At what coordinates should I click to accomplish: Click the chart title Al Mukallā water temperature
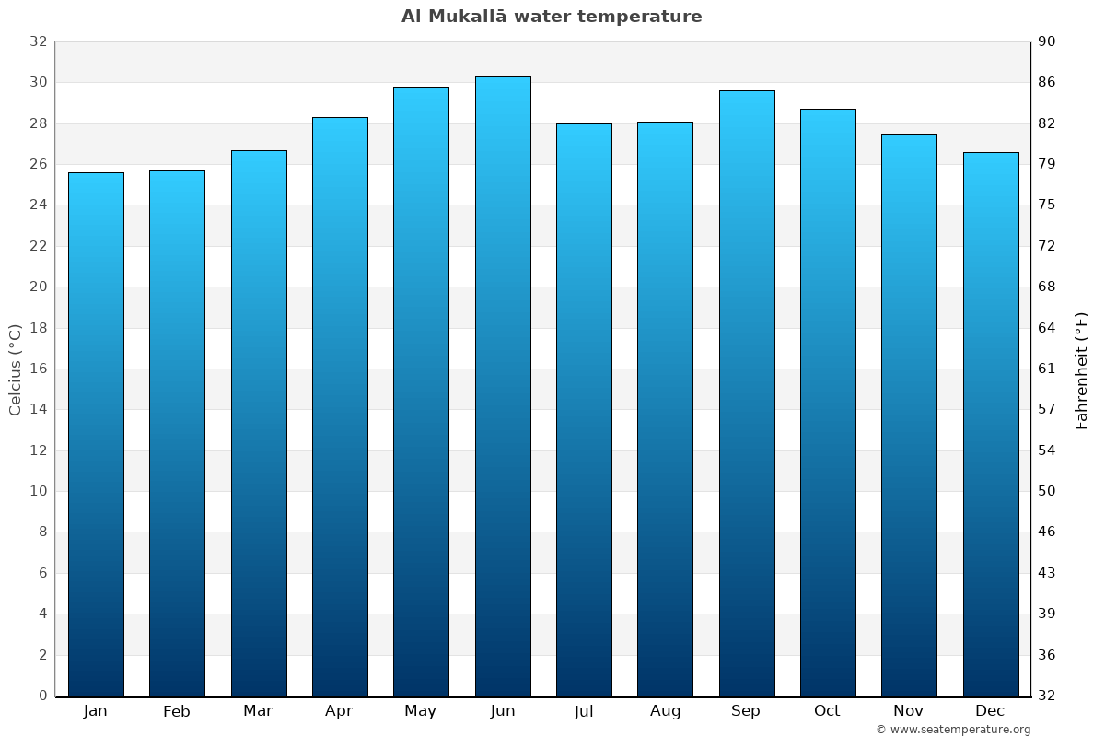click(552, 17)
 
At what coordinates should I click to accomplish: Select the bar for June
click(503, 387)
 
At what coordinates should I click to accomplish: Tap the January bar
click(96, 434)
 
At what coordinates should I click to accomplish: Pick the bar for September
click(747, 393)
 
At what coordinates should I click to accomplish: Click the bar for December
click(991, 424)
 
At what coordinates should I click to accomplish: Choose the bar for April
click(340, 406)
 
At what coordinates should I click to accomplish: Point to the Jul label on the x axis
click(584, 711)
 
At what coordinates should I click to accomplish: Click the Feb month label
click(177, 711)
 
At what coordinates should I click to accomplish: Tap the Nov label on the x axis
click(909, 711)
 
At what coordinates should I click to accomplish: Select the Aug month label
click(665, 711)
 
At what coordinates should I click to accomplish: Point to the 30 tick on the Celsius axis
click(38, 83)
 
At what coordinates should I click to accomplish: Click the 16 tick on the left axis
click(38, 368)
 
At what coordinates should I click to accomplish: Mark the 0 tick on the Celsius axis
click(42, 696)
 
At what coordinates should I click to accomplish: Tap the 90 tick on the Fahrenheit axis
click(1047, 41)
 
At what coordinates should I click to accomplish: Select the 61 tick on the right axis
click(1047, 368)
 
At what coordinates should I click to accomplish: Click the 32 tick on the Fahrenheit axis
click(1047, 696)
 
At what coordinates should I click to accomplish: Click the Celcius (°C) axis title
click(15, 369)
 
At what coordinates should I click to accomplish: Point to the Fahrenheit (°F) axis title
click(1081, 369)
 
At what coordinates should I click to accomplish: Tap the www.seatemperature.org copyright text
click(952, 730)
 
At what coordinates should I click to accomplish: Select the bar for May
click(421, 392)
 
